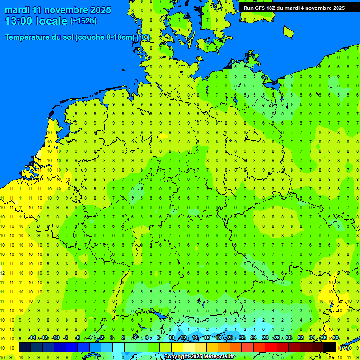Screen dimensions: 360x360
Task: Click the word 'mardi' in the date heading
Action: [x=17, y=10]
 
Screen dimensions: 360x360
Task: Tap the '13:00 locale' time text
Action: [x=36, y=21]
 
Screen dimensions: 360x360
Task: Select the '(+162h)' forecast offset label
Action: [x=83, y=21]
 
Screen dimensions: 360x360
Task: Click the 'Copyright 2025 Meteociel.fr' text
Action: [x=199, y=357]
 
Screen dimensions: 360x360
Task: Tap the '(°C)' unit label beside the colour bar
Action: [x=344, y=348]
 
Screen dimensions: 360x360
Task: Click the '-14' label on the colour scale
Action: [x=32, y=338]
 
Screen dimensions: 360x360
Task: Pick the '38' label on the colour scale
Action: [x=336, y=338]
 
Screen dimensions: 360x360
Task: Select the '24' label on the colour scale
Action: [x=254, y=338]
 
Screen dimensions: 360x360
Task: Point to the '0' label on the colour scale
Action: [x=112, y=338]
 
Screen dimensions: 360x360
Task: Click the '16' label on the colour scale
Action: [x=207, y=338]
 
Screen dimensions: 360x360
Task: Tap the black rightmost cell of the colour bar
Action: [x=330, y=347]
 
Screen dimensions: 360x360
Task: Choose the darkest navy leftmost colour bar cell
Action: [x=25, y=347]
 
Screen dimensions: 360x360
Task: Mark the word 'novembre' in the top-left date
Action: [x=60, y=10]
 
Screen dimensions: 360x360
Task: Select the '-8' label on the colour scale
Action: [x=66, y=338]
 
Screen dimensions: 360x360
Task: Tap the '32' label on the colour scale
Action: [x=300, y=338]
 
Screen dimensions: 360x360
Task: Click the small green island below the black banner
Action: [x=288, y=31]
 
